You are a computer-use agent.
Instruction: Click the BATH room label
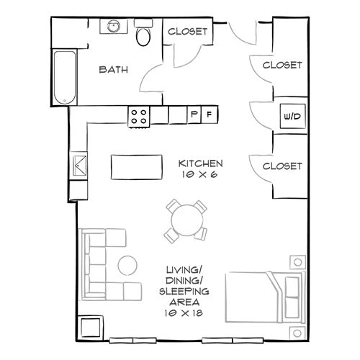[x=113, y=70]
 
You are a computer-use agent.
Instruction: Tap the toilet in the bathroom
[x=143, y=32]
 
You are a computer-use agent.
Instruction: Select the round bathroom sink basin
[x=114, y=26]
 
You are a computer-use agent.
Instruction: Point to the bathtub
[x=65, y=78]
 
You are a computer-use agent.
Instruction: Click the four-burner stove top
[x=139, y=117]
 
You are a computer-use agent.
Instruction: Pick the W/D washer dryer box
[x=293, y=116]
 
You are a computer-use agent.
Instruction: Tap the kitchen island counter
[x=137, y=167]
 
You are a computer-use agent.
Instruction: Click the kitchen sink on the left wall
[x=79, y=165]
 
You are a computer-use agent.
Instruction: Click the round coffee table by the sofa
[x=127, y=265]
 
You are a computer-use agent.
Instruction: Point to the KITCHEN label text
[x=201, y=163]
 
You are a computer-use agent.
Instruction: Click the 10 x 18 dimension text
[x=184, y=313]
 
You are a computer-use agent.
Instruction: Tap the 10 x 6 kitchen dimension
[x=199, y=174]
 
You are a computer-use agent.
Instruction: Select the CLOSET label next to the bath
[x=187, y=32]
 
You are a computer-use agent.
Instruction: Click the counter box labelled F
[x=210, y=114]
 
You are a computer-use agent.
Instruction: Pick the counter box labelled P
[x=194, y=114]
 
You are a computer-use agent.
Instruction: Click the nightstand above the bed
[x=297, y=262]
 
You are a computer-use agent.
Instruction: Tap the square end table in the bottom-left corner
[x=90, y=328]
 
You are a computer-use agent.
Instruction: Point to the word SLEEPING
[x=184, y=292]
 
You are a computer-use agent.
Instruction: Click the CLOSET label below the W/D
[x=282, y=166]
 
